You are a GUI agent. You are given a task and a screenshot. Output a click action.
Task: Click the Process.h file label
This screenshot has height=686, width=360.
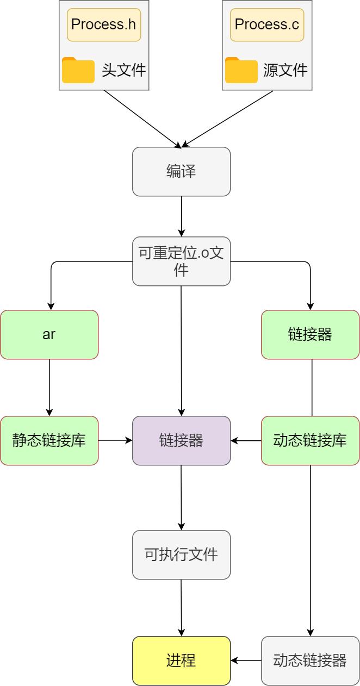tap(104, 25)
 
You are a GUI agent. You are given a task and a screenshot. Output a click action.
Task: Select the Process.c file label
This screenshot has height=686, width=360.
tap(267, 25)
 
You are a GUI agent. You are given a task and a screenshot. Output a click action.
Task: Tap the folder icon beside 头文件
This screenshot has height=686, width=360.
tap(78, 70)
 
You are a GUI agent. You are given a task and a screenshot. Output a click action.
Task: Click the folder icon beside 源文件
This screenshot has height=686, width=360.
tap(241, 70)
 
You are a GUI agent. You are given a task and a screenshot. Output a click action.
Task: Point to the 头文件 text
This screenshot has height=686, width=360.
tap(124, 70)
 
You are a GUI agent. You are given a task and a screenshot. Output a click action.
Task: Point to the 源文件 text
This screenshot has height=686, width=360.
tap(285, 70)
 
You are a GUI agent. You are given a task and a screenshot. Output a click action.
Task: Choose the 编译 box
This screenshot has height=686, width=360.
tap(181, 172)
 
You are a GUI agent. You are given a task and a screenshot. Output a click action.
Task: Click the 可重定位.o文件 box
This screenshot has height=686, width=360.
tap(181, 261)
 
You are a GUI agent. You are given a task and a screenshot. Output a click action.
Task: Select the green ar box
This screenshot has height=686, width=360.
tap(49, 335)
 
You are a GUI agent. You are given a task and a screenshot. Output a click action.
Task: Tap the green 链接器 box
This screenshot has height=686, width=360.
tap(310, 335)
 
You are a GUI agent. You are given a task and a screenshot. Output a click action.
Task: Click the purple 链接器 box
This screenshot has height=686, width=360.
tap(181, 441)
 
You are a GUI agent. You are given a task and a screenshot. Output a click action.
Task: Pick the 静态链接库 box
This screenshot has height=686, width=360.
tap(49, 441)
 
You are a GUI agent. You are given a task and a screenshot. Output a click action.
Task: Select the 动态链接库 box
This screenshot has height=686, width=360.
tap(310, 441)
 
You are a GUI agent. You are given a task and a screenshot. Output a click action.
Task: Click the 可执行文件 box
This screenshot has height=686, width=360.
tap(181, 555)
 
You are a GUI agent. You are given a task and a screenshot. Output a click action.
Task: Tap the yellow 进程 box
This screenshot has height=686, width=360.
tap(181, 661)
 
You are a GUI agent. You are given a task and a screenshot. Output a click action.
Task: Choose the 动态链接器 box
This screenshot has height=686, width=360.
tap(310, 661)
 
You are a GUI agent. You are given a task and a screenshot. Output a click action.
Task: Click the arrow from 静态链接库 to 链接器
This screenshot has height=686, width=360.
tap(115, 441)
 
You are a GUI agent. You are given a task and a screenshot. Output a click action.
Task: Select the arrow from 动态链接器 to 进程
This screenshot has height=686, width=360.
tap(246, 661)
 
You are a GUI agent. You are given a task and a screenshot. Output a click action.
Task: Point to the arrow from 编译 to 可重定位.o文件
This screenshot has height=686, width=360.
tap(181, 216)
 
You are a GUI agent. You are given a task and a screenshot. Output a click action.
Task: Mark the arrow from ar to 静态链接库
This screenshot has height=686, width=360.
tap(49, 388)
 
